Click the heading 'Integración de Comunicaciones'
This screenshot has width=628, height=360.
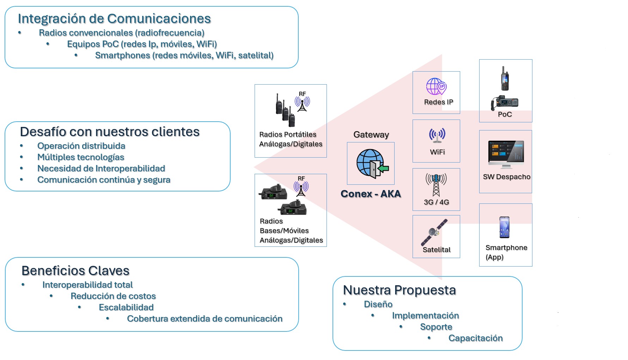pyautogui.click(x=114, y=19)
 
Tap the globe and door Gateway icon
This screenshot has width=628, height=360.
pyautogui.click(x=372, y=163)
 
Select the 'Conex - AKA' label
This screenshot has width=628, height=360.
pyautogui.click(x=371, y=194)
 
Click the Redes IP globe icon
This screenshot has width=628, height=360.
pyautogui.click(x=436, y=86)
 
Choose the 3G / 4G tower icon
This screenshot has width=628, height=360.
pyautogui.click(x=436, y=184)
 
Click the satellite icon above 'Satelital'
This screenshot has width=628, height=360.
pyautogui.click(x=434, y=232)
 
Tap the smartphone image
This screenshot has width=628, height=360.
pyautogui.click(x=504, y=227)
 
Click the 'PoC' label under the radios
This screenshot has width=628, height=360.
pyautogui.click(x=505, y=114)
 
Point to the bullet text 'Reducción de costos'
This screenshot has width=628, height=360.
pyautogui.click(x=113, y=296)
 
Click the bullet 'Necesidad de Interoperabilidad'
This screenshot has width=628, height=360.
pyautogui.click(x=101, y=169)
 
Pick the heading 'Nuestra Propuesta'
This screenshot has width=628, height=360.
pyautogui.click(x=399, y=290)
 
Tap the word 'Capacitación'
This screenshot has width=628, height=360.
pyautogui.click(x=475, y=338)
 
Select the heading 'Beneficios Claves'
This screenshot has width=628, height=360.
pyautogui.click(x=75, y=271)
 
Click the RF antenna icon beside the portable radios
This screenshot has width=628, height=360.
pyautogui.click(x=302, y=103)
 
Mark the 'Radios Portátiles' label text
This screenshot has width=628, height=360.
pyautogui.click(x=288, y=134)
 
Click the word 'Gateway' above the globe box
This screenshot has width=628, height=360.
pyautogui.click(x=371, y=135)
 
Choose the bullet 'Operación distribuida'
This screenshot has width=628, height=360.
pyautogui.click(x=81, y=146)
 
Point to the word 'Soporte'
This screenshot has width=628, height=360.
pyautogui.click(x=436, y=327)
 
